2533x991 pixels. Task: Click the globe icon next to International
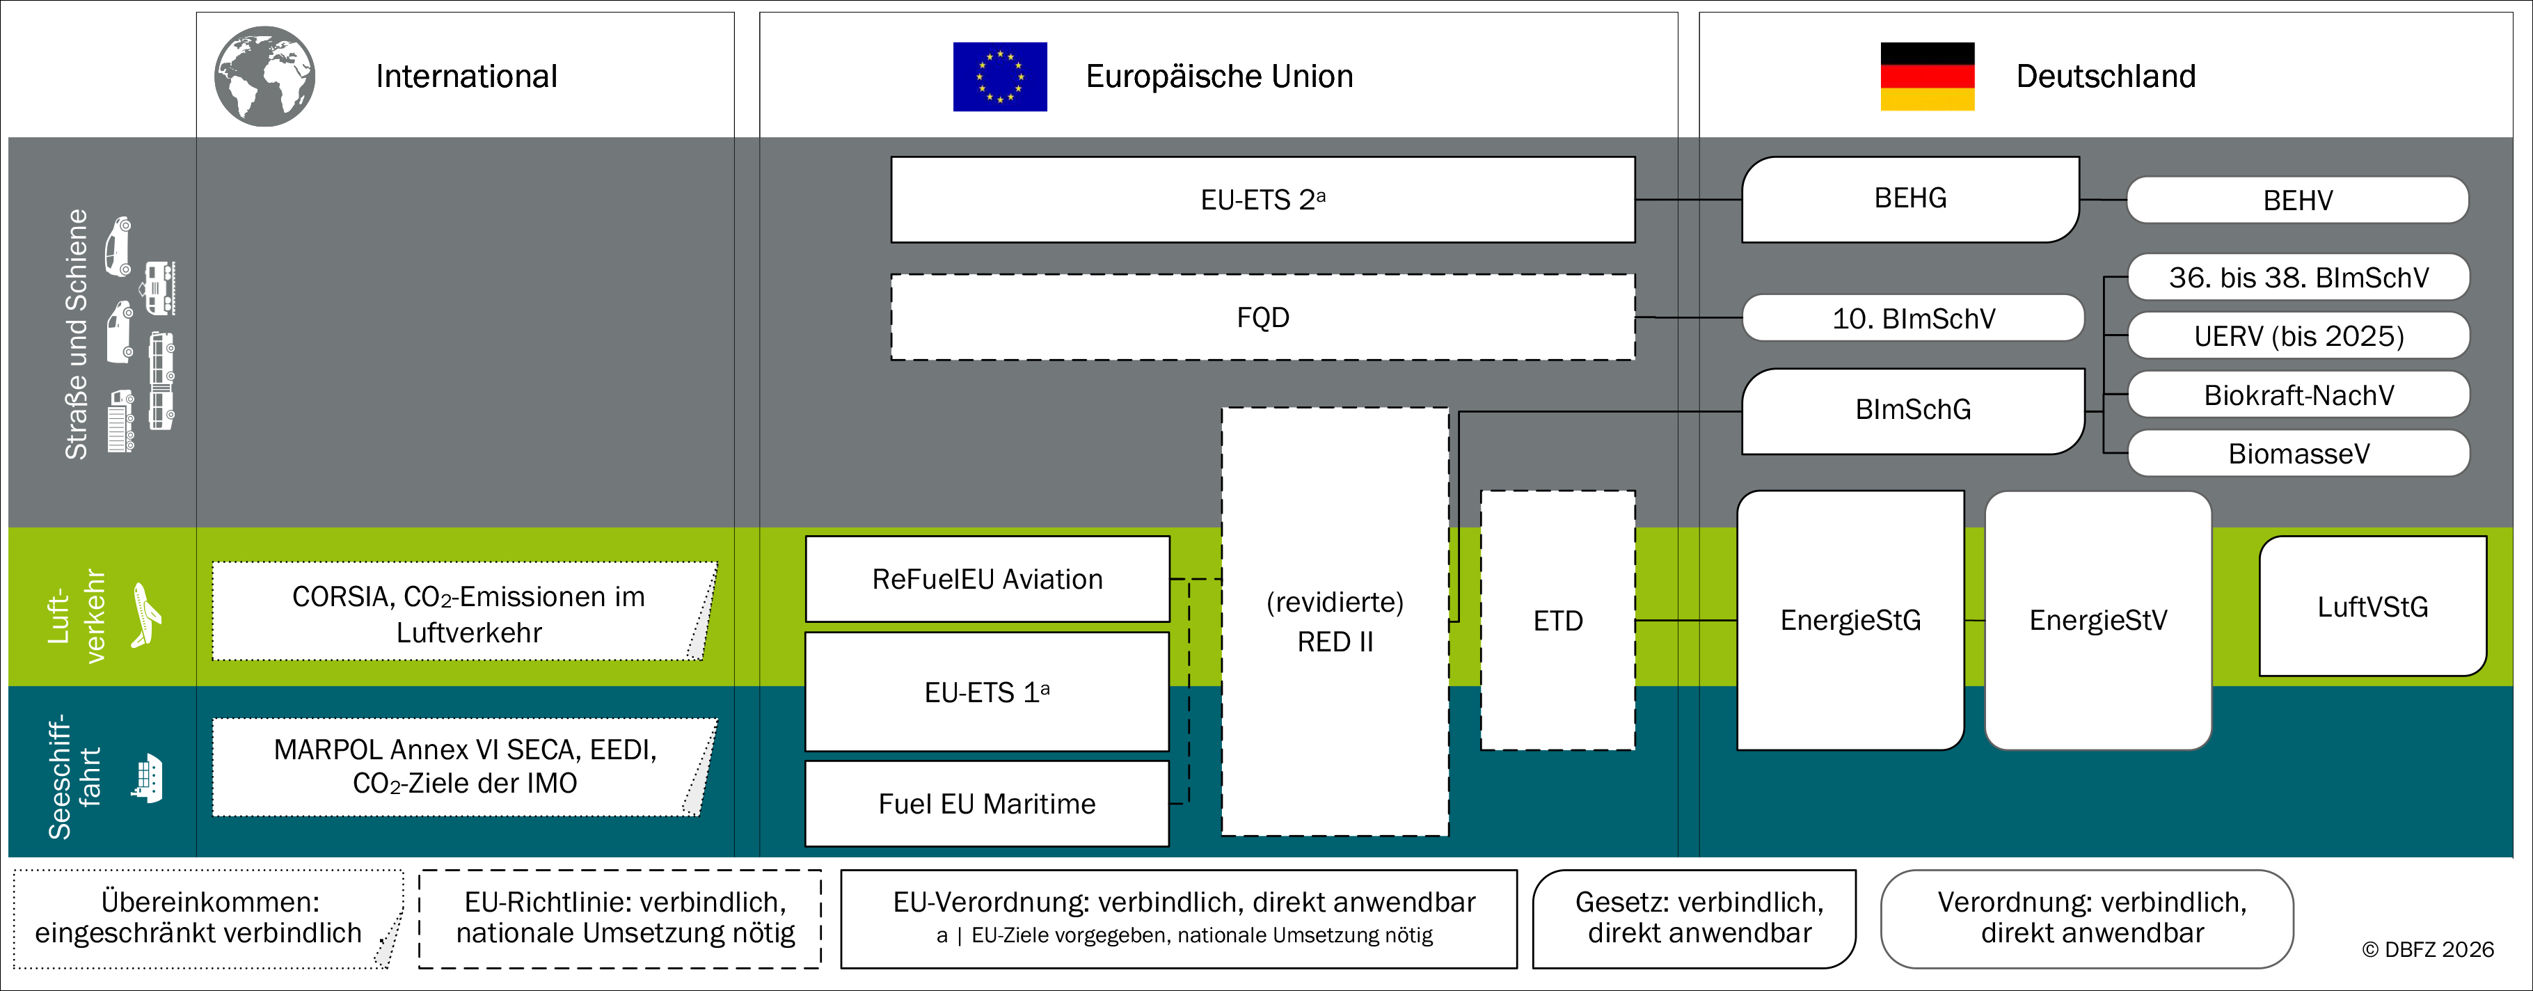click(x=264, y=76)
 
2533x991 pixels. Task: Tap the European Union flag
click(x=1000, y=76)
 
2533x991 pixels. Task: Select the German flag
click(x=1928, y=76)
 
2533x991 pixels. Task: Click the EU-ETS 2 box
click(x=1262, y=200)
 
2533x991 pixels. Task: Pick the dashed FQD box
click(x=1262, y=317)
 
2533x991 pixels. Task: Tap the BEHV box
click(x=2298, y=200)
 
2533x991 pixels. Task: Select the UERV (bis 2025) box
click(x=2299, y=335)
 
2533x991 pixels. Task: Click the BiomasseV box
click(x=2299, y=453)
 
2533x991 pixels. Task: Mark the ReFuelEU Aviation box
click(x=987, y=578)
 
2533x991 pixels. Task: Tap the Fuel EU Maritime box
click(x=987, y=803)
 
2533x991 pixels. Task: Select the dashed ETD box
click(x=1557, y=620)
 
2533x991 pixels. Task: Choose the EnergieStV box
click(x=2098, y=620)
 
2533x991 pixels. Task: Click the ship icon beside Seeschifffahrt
click(x=147, y=779)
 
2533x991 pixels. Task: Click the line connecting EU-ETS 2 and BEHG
click(x=1688, y=200)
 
